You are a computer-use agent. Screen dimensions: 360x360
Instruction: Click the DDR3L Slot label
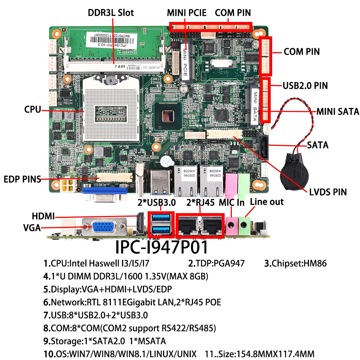click(111, 13)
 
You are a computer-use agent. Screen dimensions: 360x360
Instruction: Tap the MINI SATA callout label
click(338, 112)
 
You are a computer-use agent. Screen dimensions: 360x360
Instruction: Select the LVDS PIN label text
click(328, 192)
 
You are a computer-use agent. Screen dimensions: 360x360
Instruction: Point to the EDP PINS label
click(22, 179)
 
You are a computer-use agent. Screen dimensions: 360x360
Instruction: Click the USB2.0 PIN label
click(305, 86)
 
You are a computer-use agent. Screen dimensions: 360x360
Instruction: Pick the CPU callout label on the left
click(33, 109)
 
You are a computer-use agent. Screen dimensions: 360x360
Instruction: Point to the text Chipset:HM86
click(295, 264)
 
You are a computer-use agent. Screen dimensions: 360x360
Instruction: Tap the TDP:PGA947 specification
click(216, 264)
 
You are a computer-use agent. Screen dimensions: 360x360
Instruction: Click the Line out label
click(267, 202)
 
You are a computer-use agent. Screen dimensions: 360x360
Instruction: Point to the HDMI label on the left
click(43, 216)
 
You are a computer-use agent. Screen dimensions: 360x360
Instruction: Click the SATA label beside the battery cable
click(318, 145)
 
